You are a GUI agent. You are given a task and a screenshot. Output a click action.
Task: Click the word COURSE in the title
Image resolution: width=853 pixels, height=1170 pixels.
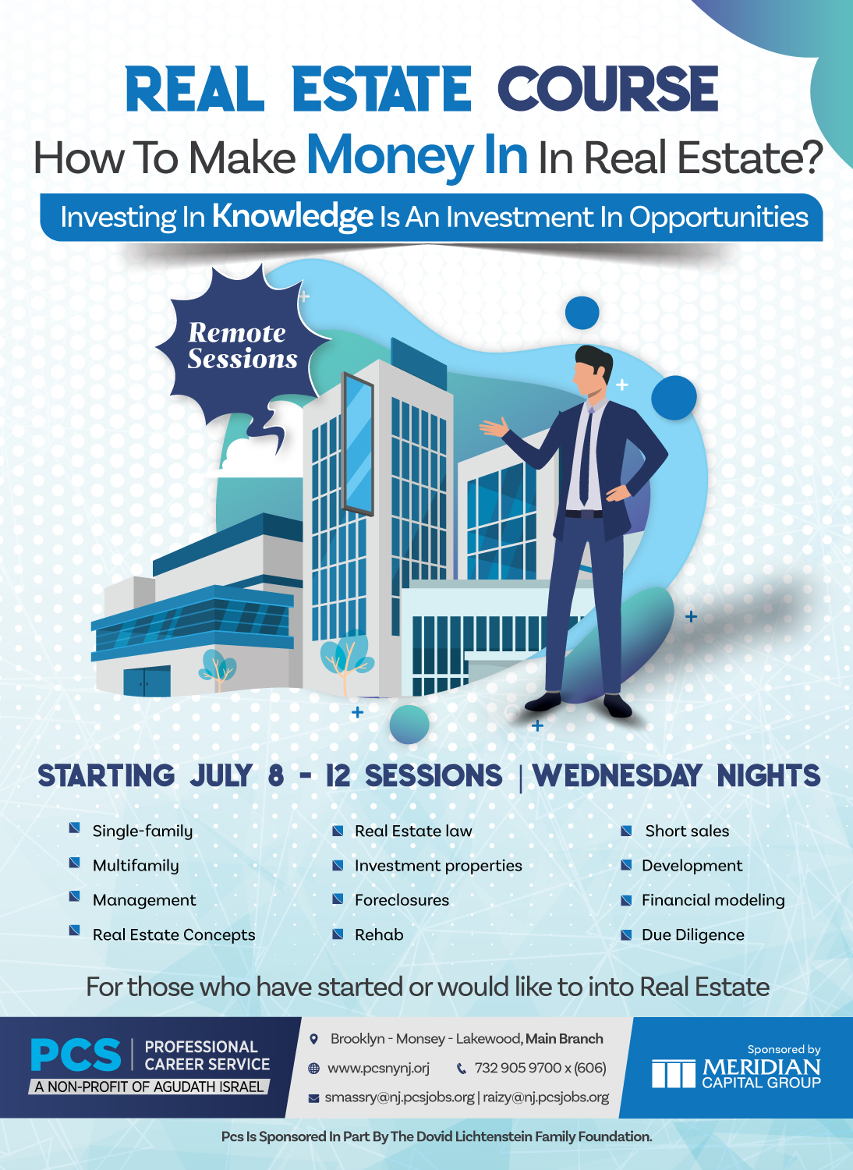(607, 90)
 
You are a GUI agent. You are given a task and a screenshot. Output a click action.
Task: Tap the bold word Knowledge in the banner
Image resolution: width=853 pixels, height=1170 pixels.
(292, 216)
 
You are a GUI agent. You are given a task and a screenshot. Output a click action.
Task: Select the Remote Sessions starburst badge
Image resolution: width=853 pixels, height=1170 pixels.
(242, 346)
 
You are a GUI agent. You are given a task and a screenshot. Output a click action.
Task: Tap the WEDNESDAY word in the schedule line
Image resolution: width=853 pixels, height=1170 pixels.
(617, 776)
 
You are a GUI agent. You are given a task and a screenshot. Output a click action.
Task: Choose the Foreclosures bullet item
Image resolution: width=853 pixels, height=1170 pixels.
(402, 900)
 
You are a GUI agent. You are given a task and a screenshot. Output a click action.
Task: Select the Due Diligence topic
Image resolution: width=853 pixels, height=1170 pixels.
(692, 935)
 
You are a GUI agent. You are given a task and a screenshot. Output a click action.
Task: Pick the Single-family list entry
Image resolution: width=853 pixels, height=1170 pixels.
(142, 831)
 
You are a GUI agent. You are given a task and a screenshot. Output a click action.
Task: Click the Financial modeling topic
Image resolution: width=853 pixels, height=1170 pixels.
(713, 900)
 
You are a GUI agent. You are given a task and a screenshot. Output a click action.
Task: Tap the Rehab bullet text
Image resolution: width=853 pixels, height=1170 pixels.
(379, 935)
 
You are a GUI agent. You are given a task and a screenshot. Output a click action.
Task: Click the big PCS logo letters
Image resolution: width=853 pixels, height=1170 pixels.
(76, 1055)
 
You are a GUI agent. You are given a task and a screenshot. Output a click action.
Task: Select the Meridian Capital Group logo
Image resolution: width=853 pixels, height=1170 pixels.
(736, 1073)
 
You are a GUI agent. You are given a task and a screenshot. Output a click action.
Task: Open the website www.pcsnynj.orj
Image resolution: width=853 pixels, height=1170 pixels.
(378, 1068)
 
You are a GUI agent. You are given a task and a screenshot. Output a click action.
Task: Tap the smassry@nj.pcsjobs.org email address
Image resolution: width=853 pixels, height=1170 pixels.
(399, 1097)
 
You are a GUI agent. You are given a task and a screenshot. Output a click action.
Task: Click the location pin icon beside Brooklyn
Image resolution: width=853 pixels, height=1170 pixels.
(314, 1039)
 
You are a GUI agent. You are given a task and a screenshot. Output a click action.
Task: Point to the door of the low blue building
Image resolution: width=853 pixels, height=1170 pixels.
(147, 682)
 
